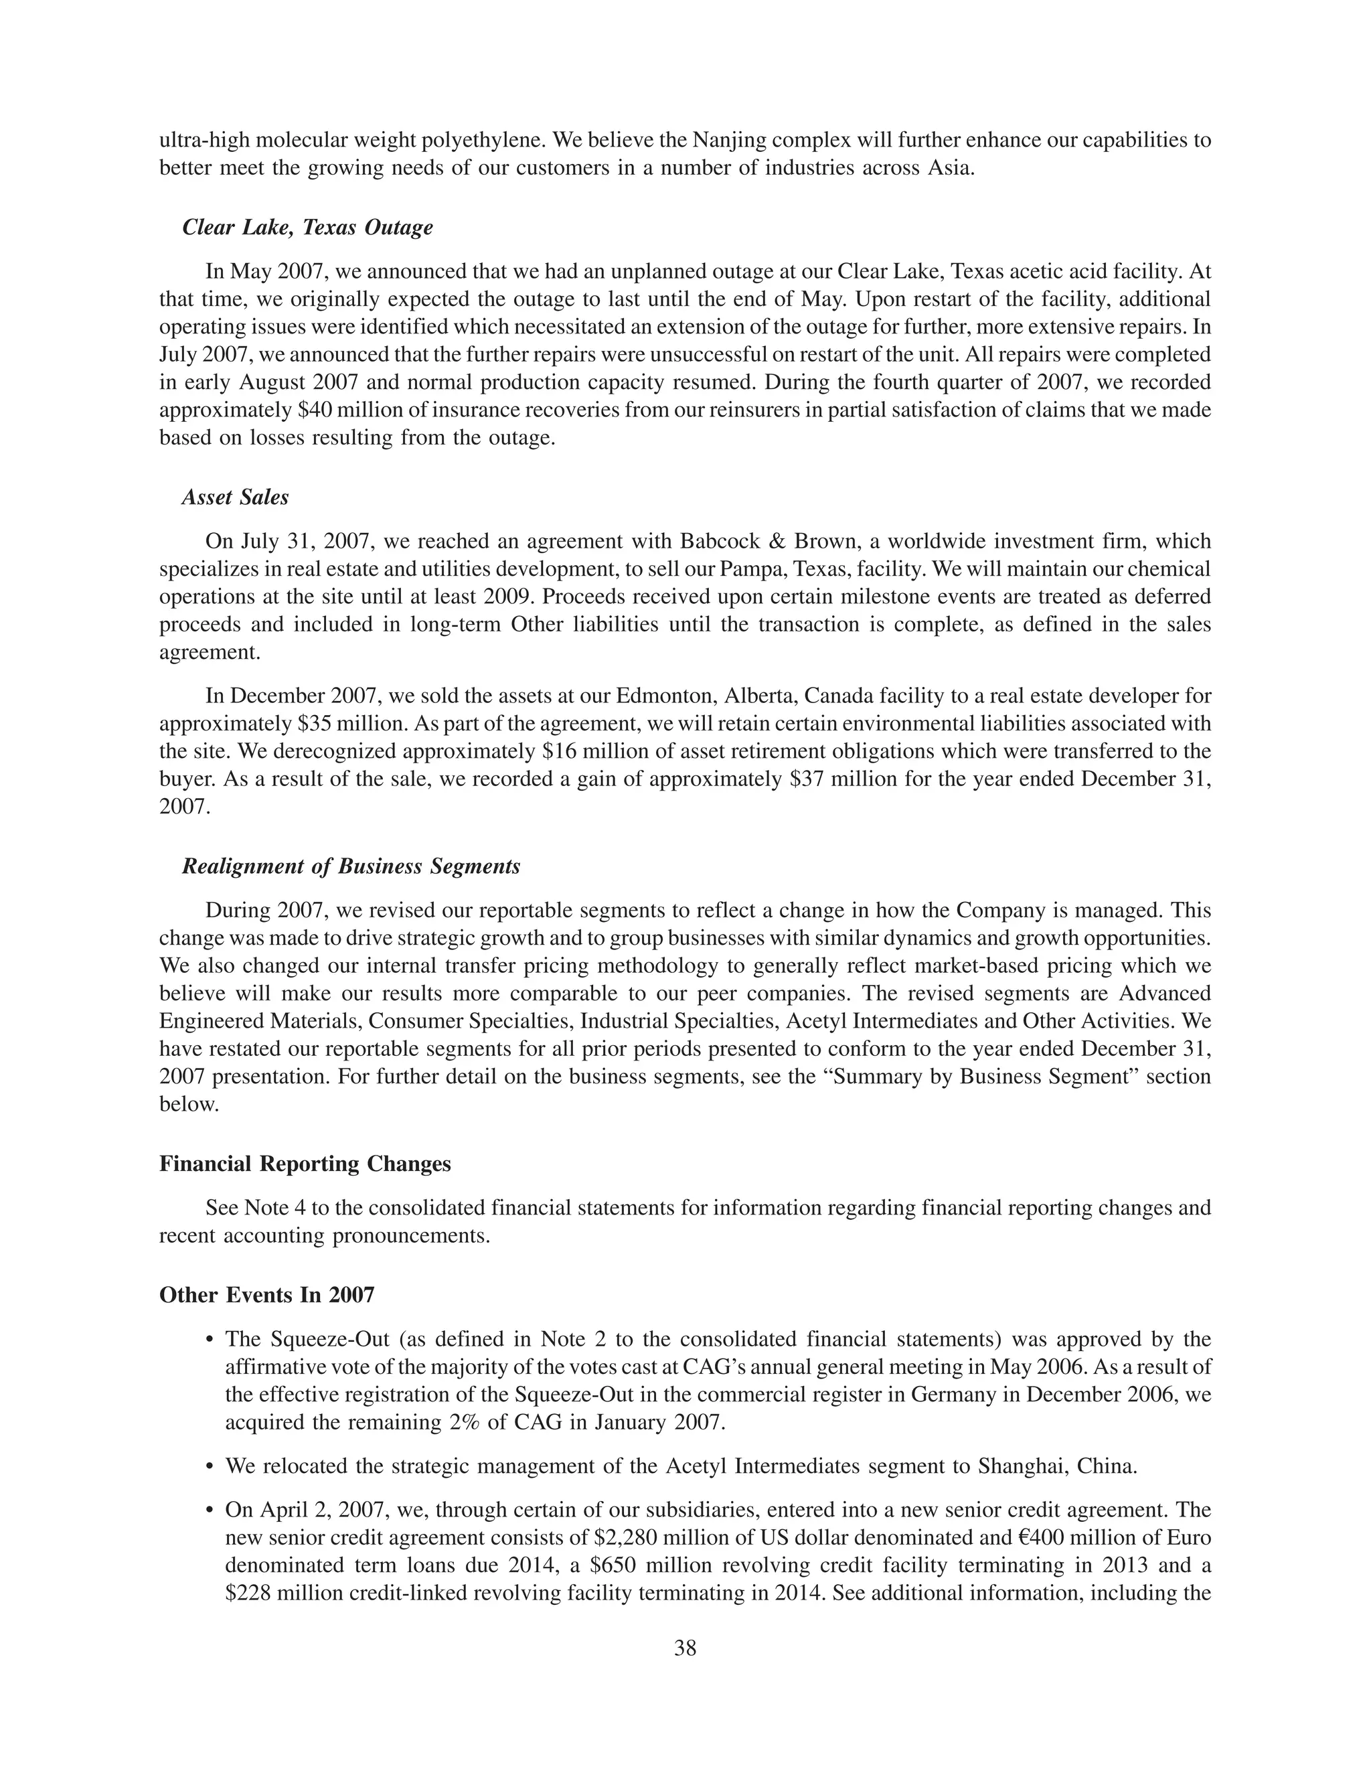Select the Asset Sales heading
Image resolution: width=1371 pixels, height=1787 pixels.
point(235,497)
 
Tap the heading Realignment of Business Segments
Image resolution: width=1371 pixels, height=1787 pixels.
point(351,866)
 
